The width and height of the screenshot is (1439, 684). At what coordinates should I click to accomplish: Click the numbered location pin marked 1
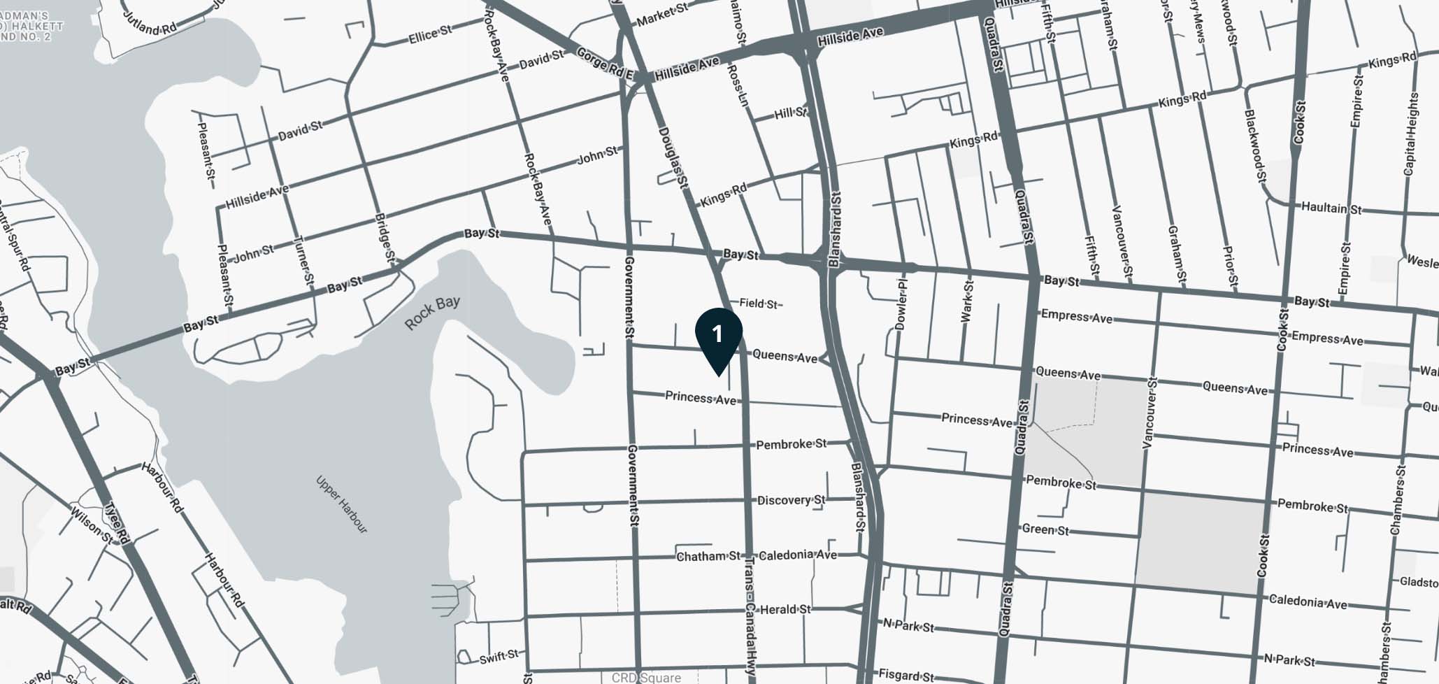tap(718, 336)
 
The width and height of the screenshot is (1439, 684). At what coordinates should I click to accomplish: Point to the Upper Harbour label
tap(341, 504)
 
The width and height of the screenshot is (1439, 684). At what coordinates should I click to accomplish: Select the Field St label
tap(759, 304)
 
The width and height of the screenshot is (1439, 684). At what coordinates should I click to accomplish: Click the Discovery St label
tap(791, 500)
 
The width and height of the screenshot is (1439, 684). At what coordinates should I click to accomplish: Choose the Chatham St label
tap(708, 556)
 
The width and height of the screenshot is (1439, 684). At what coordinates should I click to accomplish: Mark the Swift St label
tap(499, 656)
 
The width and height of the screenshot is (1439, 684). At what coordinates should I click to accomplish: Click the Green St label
tap(1045, 529)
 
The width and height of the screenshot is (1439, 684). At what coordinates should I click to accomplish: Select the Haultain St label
tap(1331, 208)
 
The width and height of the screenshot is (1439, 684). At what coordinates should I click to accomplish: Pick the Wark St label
tap(967, 301)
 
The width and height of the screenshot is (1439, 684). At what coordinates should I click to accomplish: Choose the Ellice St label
tap(430, 34)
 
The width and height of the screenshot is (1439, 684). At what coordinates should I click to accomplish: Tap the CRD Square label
tap(645, 678)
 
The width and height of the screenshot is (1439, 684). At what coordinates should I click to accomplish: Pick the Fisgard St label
tap(905, 676)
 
